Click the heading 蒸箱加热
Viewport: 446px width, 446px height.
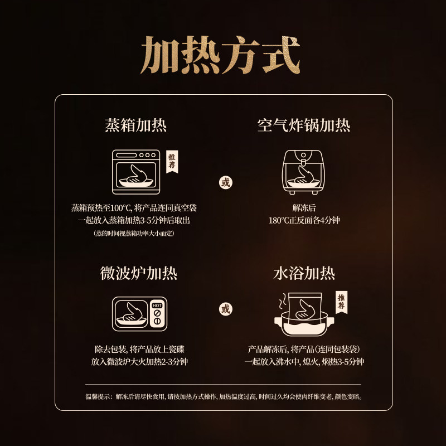click(x=135, y=125)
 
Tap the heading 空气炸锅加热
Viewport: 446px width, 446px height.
click(x=304, y=125)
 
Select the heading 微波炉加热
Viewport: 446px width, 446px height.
click(x=139, y=273)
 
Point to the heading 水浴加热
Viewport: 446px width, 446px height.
click(x=304, y=273)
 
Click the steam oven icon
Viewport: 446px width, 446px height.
click(x=137, y=172)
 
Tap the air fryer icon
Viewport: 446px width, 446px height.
click(x=304, y=172)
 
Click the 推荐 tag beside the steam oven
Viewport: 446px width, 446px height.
click(x=172, y=162)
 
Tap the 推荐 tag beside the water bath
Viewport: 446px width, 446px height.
click(x=341, y=303)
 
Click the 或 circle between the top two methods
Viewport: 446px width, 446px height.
click(x=225, y=182)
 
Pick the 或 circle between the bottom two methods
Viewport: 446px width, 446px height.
click(x=225, y=309)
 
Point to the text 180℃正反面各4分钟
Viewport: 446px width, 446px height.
click(x=304, y=220)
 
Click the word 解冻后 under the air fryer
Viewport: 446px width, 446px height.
click(x=304, y=208)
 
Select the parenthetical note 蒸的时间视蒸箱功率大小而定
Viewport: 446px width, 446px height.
click(x=134, y=234)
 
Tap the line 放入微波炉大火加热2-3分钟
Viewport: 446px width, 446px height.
click(x=139, y=362)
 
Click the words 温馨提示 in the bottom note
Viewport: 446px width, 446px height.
click(x=97, y=397)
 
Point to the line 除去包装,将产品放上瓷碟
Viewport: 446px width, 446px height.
click(x=139, y=350)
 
